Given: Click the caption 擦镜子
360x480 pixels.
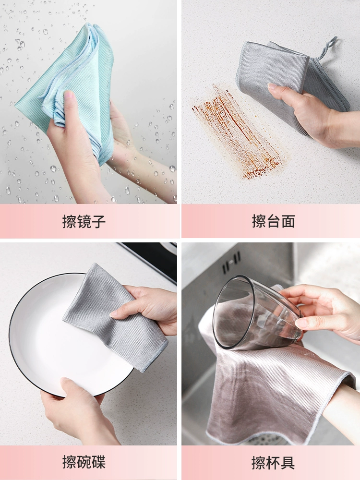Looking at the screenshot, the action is [84, 221].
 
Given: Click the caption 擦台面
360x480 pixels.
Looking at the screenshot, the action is [274, 221].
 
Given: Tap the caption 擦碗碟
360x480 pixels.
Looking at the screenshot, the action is [84, 462].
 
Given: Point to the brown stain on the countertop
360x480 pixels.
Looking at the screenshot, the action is [237, 133].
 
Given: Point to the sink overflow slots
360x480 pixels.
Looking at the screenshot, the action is [231, 262].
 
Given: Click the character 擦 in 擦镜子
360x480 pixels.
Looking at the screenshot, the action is [70, 221].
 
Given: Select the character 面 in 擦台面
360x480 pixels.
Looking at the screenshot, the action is [288, 221].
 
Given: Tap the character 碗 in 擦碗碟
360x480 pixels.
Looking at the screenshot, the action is [84, 462].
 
